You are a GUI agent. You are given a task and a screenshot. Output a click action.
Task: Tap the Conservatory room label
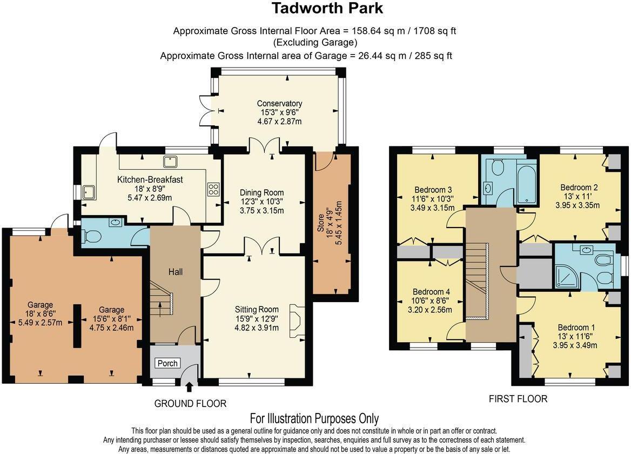tap(279, 103)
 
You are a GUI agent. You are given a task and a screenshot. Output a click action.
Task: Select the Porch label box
tap(167, 363)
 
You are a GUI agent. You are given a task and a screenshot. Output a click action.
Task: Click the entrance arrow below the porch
tap(189, 387)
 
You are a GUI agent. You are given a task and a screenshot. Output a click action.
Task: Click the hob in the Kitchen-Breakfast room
tap(213, 189)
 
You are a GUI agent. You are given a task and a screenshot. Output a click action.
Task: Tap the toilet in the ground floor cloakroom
tap(93, 237)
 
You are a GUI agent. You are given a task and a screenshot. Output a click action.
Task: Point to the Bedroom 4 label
tap(431, 291)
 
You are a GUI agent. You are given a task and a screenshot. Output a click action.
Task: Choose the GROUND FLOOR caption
tap(190, 404)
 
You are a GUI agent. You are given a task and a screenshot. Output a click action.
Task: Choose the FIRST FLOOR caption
tap(518, 399)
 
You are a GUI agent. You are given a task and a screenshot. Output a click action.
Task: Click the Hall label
tap(175, 272)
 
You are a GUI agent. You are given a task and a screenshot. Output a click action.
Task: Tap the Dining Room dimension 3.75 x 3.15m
tap(262, 211)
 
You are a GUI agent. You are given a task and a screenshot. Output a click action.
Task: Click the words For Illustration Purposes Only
tap(314, 418)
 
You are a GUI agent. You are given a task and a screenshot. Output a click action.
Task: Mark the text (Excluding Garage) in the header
tap(315, 43)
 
